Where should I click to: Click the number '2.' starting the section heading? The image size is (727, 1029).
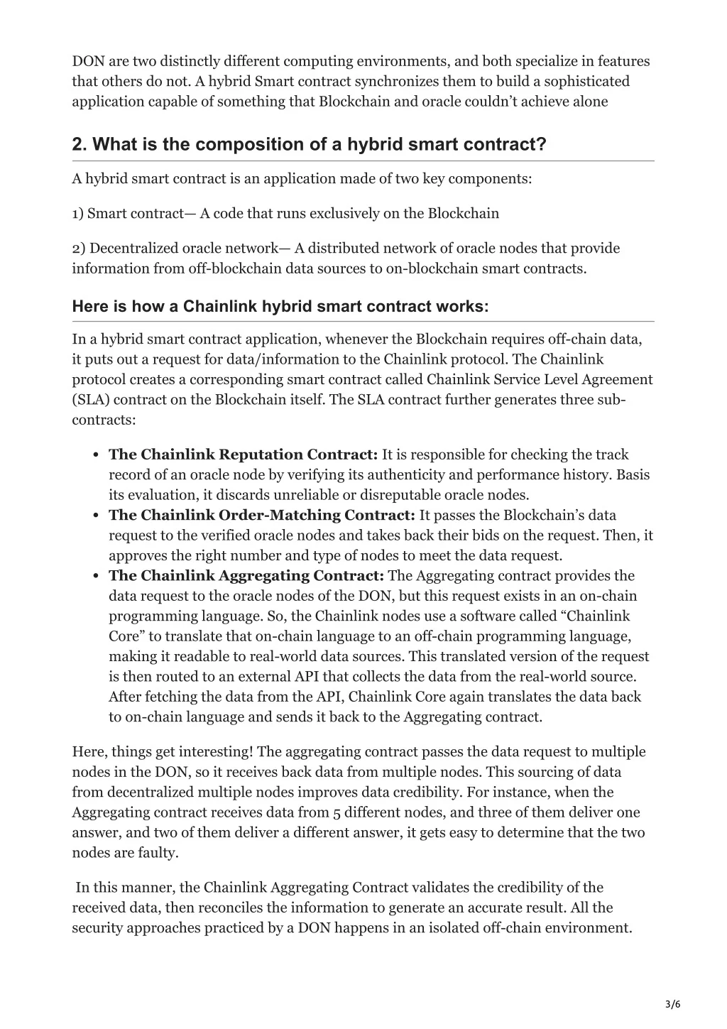pyautogui.click(x=80, y=144)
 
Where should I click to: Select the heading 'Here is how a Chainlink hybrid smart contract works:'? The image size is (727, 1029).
pyautogui.click(x=280, y=307)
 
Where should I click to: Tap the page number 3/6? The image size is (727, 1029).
pyautogui.click(x=673, y=1003)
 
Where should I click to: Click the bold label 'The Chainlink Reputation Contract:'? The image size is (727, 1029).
pyautogui.click(x=243, y=454)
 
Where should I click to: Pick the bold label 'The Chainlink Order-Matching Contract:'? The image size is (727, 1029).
pyautogui.click(x=261, y=515)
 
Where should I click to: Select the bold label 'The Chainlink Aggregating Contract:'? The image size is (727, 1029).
pyautogui.click(x=246, y=575)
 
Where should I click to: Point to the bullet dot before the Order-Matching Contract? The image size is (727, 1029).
pyautogui.click(x=95, y=516)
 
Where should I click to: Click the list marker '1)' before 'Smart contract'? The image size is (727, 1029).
pyautogui.click(x=78, y=213)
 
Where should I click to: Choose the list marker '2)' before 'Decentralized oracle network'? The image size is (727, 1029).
pyautogui.click(x=79, y=248)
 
